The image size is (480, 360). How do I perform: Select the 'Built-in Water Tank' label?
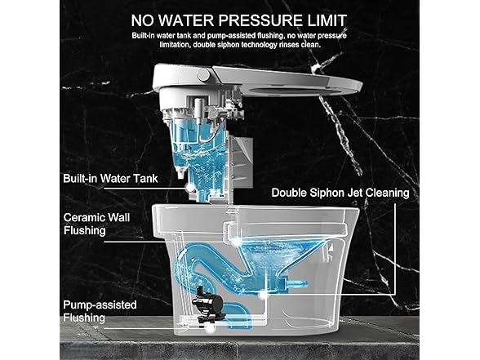coord(110,179)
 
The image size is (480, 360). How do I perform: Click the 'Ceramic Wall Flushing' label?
coord(96,224)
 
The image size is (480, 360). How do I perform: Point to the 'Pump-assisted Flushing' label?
coord(100,311)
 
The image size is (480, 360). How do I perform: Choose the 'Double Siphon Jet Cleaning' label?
coord(340,193)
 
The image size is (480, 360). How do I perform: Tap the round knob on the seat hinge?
coord(203,75)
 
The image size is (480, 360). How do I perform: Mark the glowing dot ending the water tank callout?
coord(190,188)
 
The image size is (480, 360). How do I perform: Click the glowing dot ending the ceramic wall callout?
coord(235,242)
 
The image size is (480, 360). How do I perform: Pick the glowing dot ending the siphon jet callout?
coord(263,295)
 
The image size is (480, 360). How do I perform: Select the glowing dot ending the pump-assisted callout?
coord(210,328)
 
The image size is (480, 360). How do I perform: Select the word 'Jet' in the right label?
coord(355,193)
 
